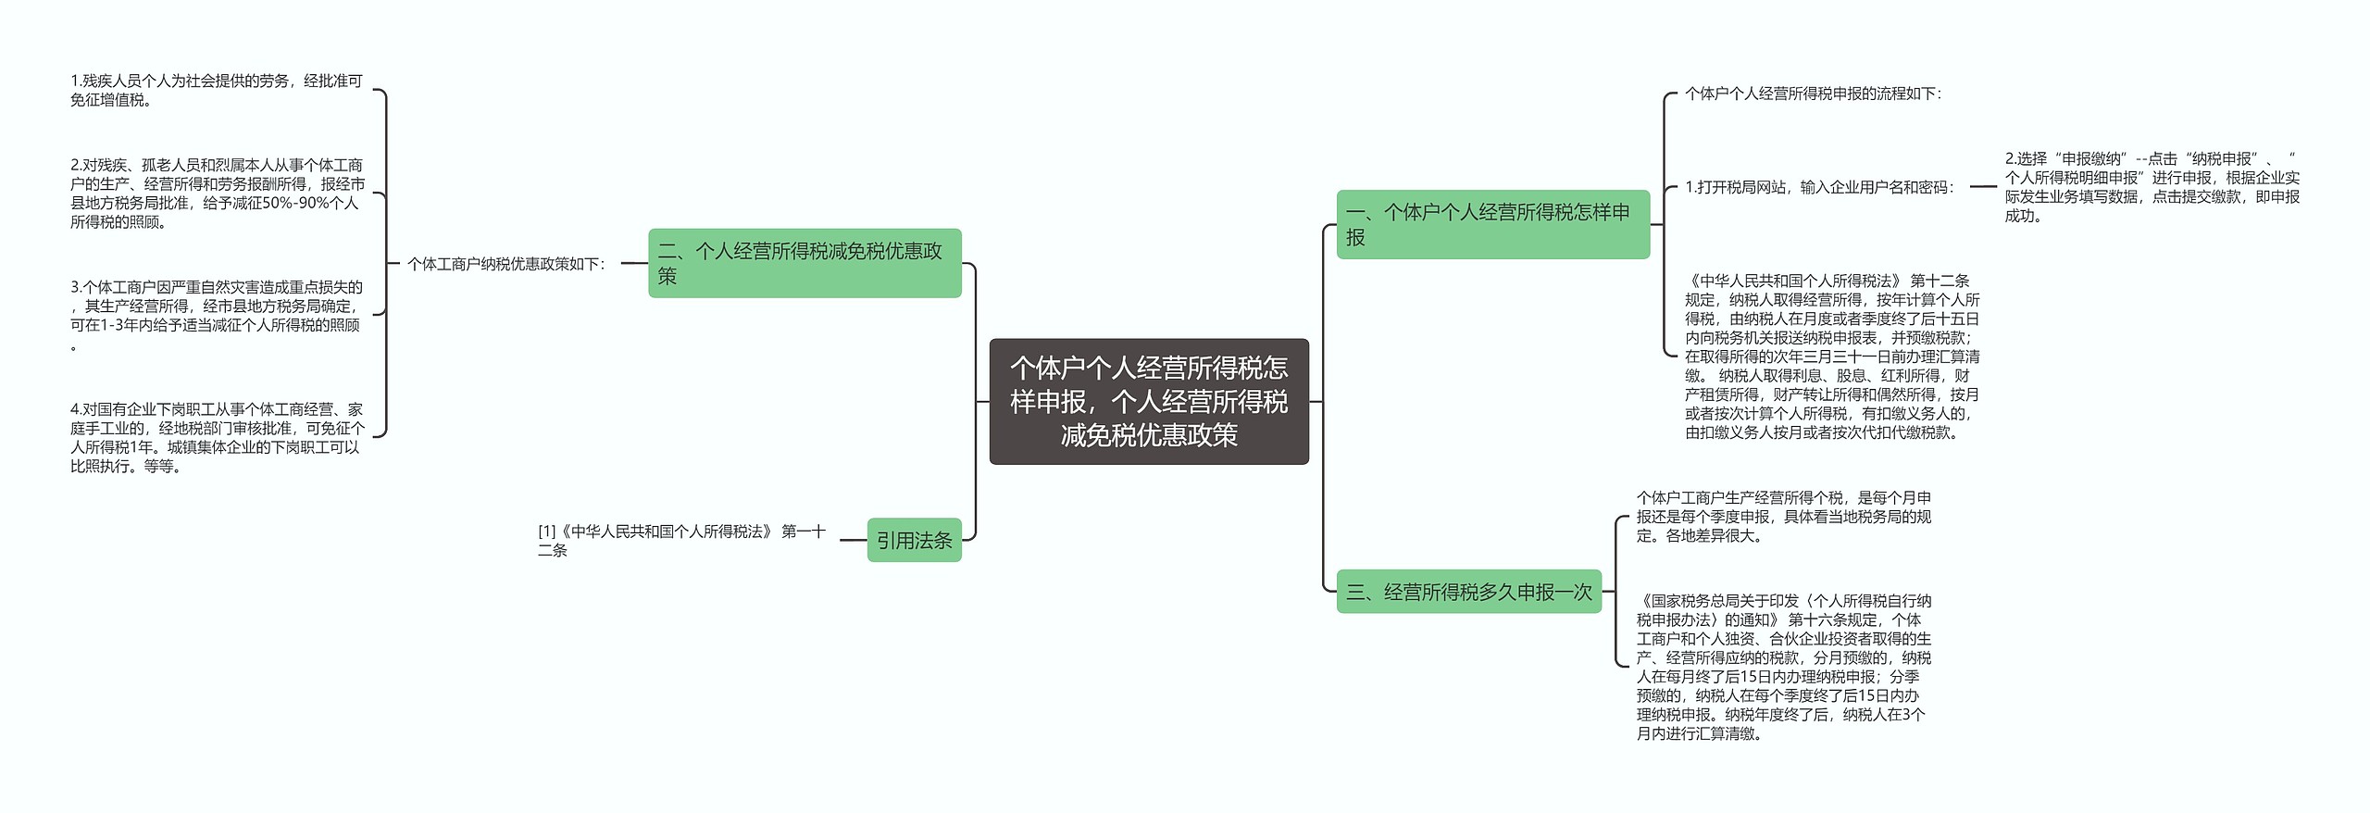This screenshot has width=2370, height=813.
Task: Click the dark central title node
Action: [x=1148, y=401]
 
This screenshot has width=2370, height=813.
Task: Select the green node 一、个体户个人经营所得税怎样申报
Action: [x=1492, y=224]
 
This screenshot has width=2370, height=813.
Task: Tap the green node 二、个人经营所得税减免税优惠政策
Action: [x=804, y=263]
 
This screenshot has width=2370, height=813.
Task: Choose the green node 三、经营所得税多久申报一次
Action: [x=1468, y=592]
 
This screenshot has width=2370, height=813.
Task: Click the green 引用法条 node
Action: [x=914, y=540]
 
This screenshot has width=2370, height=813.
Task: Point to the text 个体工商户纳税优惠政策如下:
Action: [x=506, y=264]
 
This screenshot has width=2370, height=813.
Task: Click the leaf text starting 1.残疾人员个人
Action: [x=217, y=91]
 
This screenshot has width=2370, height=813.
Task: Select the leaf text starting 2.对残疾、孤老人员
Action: [x=217, y=194]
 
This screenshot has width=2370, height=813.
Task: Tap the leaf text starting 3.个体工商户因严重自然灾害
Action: [x=217, y=316]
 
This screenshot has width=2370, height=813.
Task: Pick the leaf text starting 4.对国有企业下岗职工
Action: [x=217, y=438]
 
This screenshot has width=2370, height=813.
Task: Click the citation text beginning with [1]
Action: [x=681, y=540]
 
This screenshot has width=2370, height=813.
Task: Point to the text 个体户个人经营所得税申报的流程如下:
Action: [x=1813, y=94]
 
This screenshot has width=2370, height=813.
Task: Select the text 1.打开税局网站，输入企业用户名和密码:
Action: [x=1819, y=187]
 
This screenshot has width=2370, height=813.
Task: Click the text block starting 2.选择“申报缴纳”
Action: [x=2152, y=187]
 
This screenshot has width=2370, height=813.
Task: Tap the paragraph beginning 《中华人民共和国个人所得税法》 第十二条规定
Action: [x=1831, y=356]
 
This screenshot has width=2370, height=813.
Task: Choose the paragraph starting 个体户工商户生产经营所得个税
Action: [x=1783, y=517]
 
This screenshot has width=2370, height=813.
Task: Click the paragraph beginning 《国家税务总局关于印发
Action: [x=1783, y=667]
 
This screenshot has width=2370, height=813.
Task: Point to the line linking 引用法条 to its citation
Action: [x=853, y=540]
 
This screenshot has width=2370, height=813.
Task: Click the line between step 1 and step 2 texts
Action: [x=1983, y=187]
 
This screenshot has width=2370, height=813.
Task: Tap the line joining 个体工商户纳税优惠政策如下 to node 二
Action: [x=634, y=264]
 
